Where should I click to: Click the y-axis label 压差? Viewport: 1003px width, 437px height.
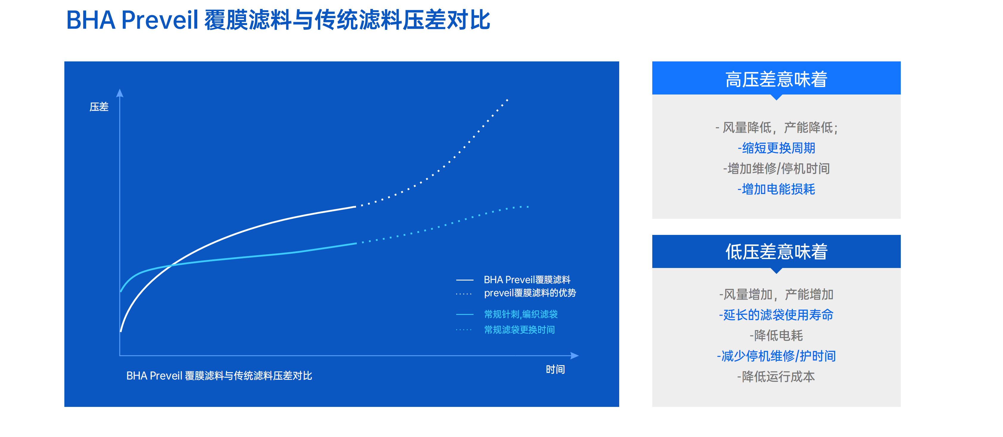point(99,107)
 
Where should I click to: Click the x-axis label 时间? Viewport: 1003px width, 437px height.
point(555,369)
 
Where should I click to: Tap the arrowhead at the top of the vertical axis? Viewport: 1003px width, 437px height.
point(120,93)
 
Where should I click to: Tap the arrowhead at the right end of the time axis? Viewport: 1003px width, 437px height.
point(575,356)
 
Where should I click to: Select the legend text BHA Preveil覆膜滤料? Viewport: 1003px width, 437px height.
point(527,280)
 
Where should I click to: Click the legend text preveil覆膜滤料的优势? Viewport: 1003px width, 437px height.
point(530,293)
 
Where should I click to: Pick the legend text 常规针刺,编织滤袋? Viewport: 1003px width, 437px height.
point(521,314)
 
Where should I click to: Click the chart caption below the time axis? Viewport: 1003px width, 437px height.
point(219,376)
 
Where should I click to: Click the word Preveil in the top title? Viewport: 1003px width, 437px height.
point(160,20)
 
